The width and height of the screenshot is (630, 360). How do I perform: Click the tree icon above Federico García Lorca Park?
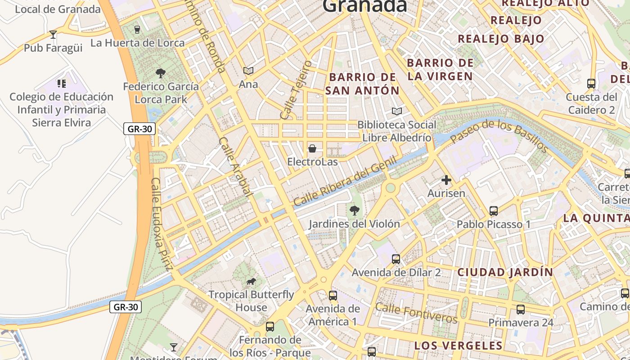tap(160, 73)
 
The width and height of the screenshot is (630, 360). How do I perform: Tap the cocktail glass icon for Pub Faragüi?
tap(53, 35)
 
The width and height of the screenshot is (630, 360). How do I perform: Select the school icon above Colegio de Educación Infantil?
tap(62, 83)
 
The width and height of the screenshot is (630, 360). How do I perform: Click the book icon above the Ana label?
tap(248, 71)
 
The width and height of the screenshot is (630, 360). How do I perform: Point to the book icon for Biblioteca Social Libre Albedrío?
tap(396, 111)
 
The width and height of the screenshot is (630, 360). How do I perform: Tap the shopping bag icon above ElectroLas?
tap(312, 148)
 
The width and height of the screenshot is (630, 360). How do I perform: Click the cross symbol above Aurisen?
tap(446, 180)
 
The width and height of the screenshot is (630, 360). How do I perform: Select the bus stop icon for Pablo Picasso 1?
tap(494, 211)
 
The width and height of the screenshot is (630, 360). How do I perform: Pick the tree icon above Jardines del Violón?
tap(355, 210)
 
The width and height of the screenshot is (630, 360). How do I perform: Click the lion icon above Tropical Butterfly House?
tap(251, 282)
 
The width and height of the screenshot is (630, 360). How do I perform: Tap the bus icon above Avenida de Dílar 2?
tap(396, 259)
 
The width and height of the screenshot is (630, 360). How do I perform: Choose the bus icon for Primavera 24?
tap(521, 310)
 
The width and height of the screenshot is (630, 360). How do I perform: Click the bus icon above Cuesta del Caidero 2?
tap(591, 84)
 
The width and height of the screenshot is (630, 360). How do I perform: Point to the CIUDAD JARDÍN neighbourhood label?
tap(505, 272)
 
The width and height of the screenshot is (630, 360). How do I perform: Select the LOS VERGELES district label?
tap(458, 346)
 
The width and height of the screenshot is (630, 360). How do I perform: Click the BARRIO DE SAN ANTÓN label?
tap(362, 84)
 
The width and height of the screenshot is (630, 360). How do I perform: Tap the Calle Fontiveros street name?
tap(416, 313)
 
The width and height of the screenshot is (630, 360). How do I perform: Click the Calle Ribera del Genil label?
tap(346, 181)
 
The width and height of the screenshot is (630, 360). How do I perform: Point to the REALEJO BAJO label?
tap(501, 39)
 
